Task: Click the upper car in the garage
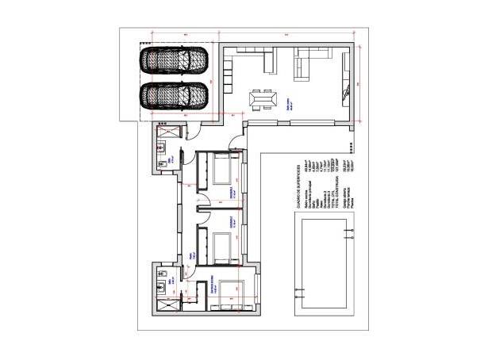pos(174,59)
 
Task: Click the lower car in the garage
pos(174,96)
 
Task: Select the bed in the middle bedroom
pos(223,243)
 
